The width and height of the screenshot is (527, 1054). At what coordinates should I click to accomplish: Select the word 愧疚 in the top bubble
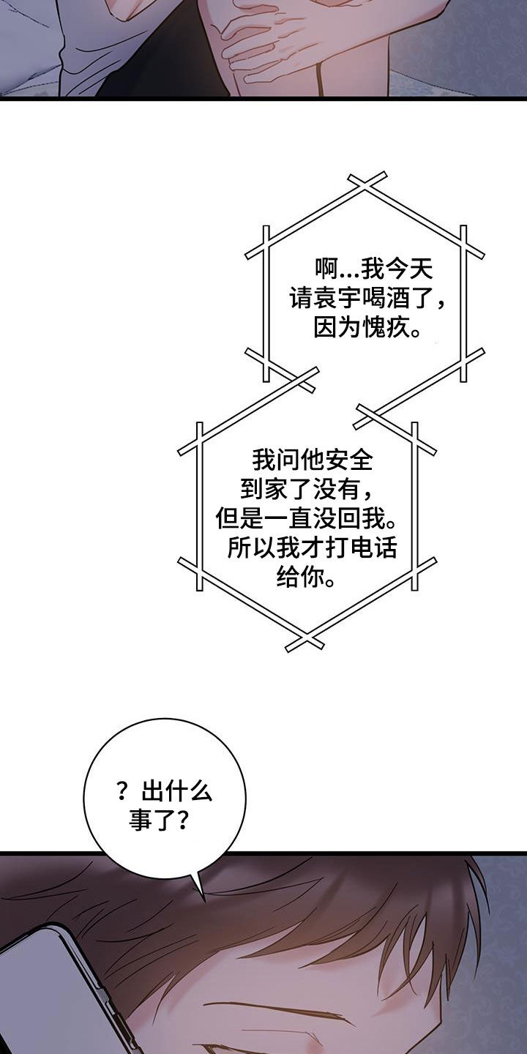point(384,326)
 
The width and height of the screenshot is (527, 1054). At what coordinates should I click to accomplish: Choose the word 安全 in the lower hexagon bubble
point(349,460)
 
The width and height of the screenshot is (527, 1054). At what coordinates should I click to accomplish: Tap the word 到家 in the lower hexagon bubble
point(263,489)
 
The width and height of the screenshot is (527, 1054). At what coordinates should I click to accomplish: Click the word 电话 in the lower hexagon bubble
point(373,547)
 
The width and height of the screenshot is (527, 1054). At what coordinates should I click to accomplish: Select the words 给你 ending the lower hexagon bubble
point(300,577)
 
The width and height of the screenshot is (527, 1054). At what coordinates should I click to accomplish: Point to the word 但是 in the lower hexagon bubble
point(239,518)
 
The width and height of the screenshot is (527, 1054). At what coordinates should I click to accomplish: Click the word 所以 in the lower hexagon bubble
point(251,547)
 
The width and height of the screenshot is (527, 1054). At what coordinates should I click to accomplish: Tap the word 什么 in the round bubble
point(189,791)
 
